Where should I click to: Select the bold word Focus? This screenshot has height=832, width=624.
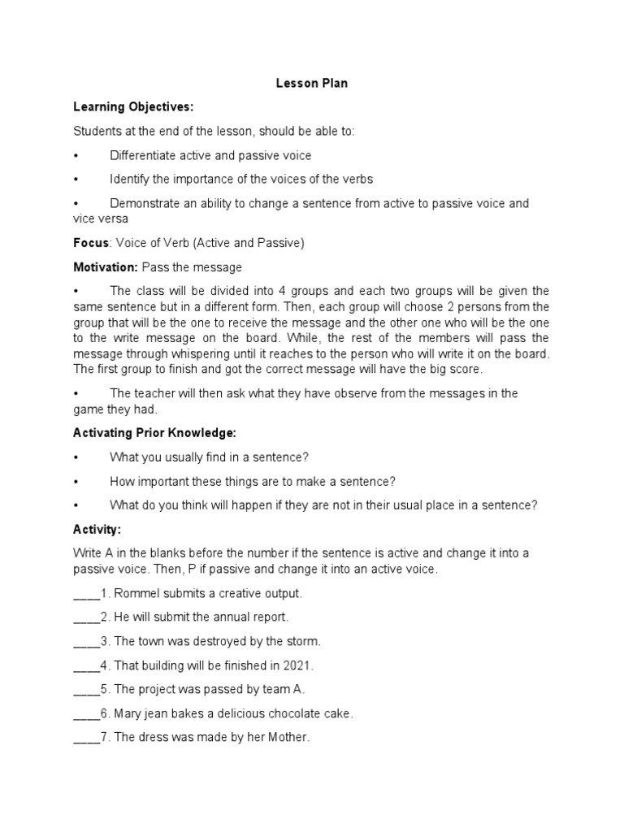click(91, 243)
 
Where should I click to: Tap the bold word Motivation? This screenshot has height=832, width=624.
click(105, 267)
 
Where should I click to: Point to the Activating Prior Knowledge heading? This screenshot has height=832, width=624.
click(154, 433)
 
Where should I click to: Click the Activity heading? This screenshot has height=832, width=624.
click(97, 529)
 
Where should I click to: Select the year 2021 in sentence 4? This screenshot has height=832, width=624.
click(297, 665)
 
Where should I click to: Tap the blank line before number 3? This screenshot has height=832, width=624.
click(85, 642)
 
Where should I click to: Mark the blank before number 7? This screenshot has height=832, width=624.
click(85, 739)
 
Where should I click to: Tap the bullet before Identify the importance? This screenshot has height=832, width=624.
click(76, 179)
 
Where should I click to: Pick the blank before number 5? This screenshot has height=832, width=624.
click(85, 690)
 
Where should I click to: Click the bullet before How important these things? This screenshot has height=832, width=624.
click(76, 481)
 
